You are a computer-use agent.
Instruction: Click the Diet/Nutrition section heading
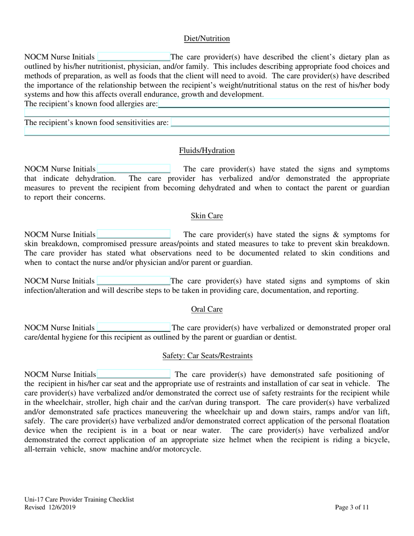coord(207,39)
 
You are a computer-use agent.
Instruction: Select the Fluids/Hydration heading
coord(207,151)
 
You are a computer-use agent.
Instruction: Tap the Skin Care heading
coord(207,216)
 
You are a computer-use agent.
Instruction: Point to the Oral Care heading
coord(207,309)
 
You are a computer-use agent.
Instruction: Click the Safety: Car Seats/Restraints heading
coord(207,356)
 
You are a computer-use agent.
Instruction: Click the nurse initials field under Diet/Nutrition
coord(134,57)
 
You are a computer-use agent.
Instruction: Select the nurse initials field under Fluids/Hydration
coord(133,169)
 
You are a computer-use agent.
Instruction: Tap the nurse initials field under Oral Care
coord(133,328)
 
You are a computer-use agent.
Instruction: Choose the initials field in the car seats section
coord(134,374)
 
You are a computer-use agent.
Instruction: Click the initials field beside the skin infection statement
coord(133,281)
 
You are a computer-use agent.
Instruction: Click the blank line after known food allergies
coord(274,104)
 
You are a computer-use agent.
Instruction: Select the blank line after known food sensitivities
coord(280,123)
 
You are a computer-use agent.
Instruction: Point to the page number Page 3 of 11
coord(352,507)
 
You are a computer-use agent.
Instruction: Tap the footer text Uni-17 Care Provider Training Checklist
coord(79,500)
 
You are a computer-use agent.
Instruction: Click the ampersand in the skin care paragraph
coord(336,235)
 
